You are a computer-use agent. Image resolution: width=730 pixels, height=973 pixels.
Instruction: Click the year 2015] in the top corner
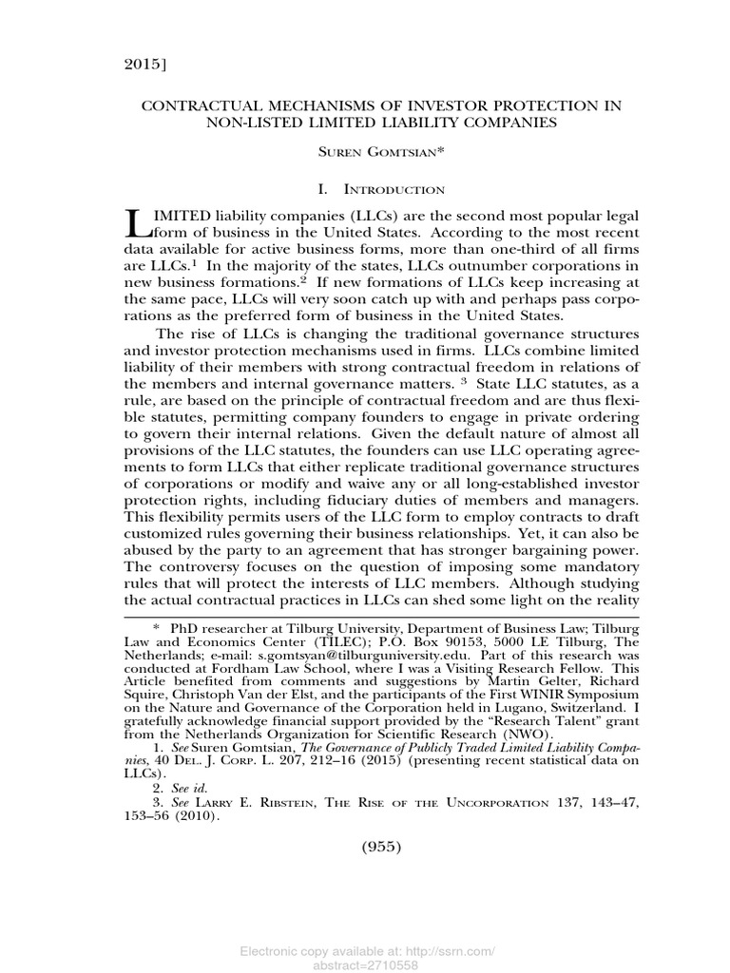pyautogui.click(x=144, y=66)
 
